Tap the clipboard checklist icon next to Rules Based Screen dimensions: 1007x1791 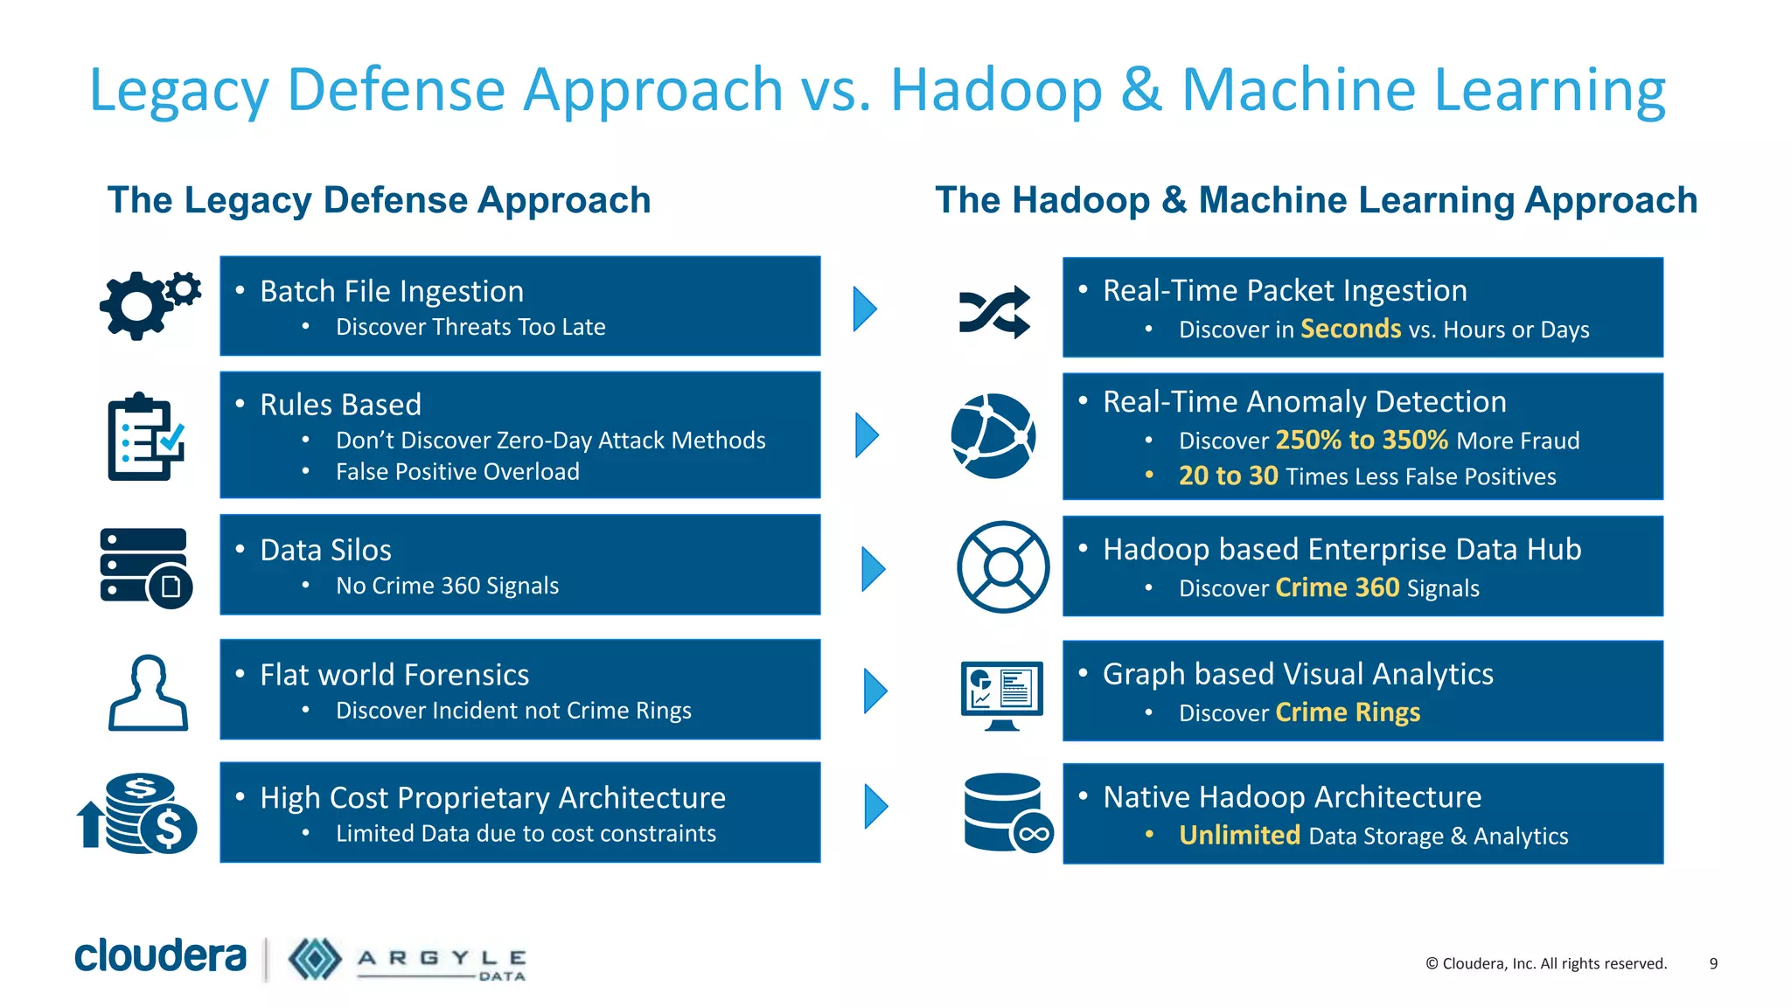pyautogui.click(x=145, y=436)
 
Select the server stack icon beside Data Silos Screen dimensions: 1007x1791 pyautogui.click(x=145, y=567)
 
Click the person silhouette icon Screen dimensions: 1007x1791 pyautogui.click(x=148, y=693)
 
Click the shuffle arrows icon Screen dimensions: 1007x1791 pyautogui.click(x=994, y=311)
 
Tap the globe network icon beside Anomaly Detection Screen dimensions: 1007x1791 pyautogui.click(x=993, y=436)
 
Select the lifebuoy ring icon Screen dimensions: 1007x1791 pyautogui.click(x=1002, y=567)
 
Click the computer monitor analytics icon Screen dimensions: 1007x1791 pyautogui.click(x=1001, y=693)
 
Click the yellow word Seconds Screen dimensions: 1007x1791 pyautogui.click(x=1350, y=329)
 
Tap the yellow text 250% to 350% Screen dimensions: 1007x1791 pyautogui.click(x=1362, y=440)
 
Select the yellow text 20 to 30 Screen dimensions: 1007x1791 pyautogui.click(x=1228, y=476)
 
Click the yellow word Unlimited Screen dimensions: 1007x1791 pyautogui.click(x=1239, y=835)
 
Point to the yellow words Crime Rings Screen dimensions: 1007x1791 pyautogui.click(x=1347, y=712)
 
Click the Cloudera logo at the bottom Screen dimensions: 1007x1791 pyautogui.click(x=161, y=956)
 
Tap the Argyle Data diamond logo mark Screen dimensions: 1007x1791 pyautogui.click(x=315, y=959)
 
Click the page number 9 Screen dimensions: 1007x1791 pyautogui.click(x=1713, y=963)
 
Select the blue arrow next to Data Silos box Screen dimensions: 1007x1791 pyautogui.click(x=872, y=569)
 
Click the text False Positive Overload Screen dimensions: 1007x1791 pyautogui.click(x=457, y=472)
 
